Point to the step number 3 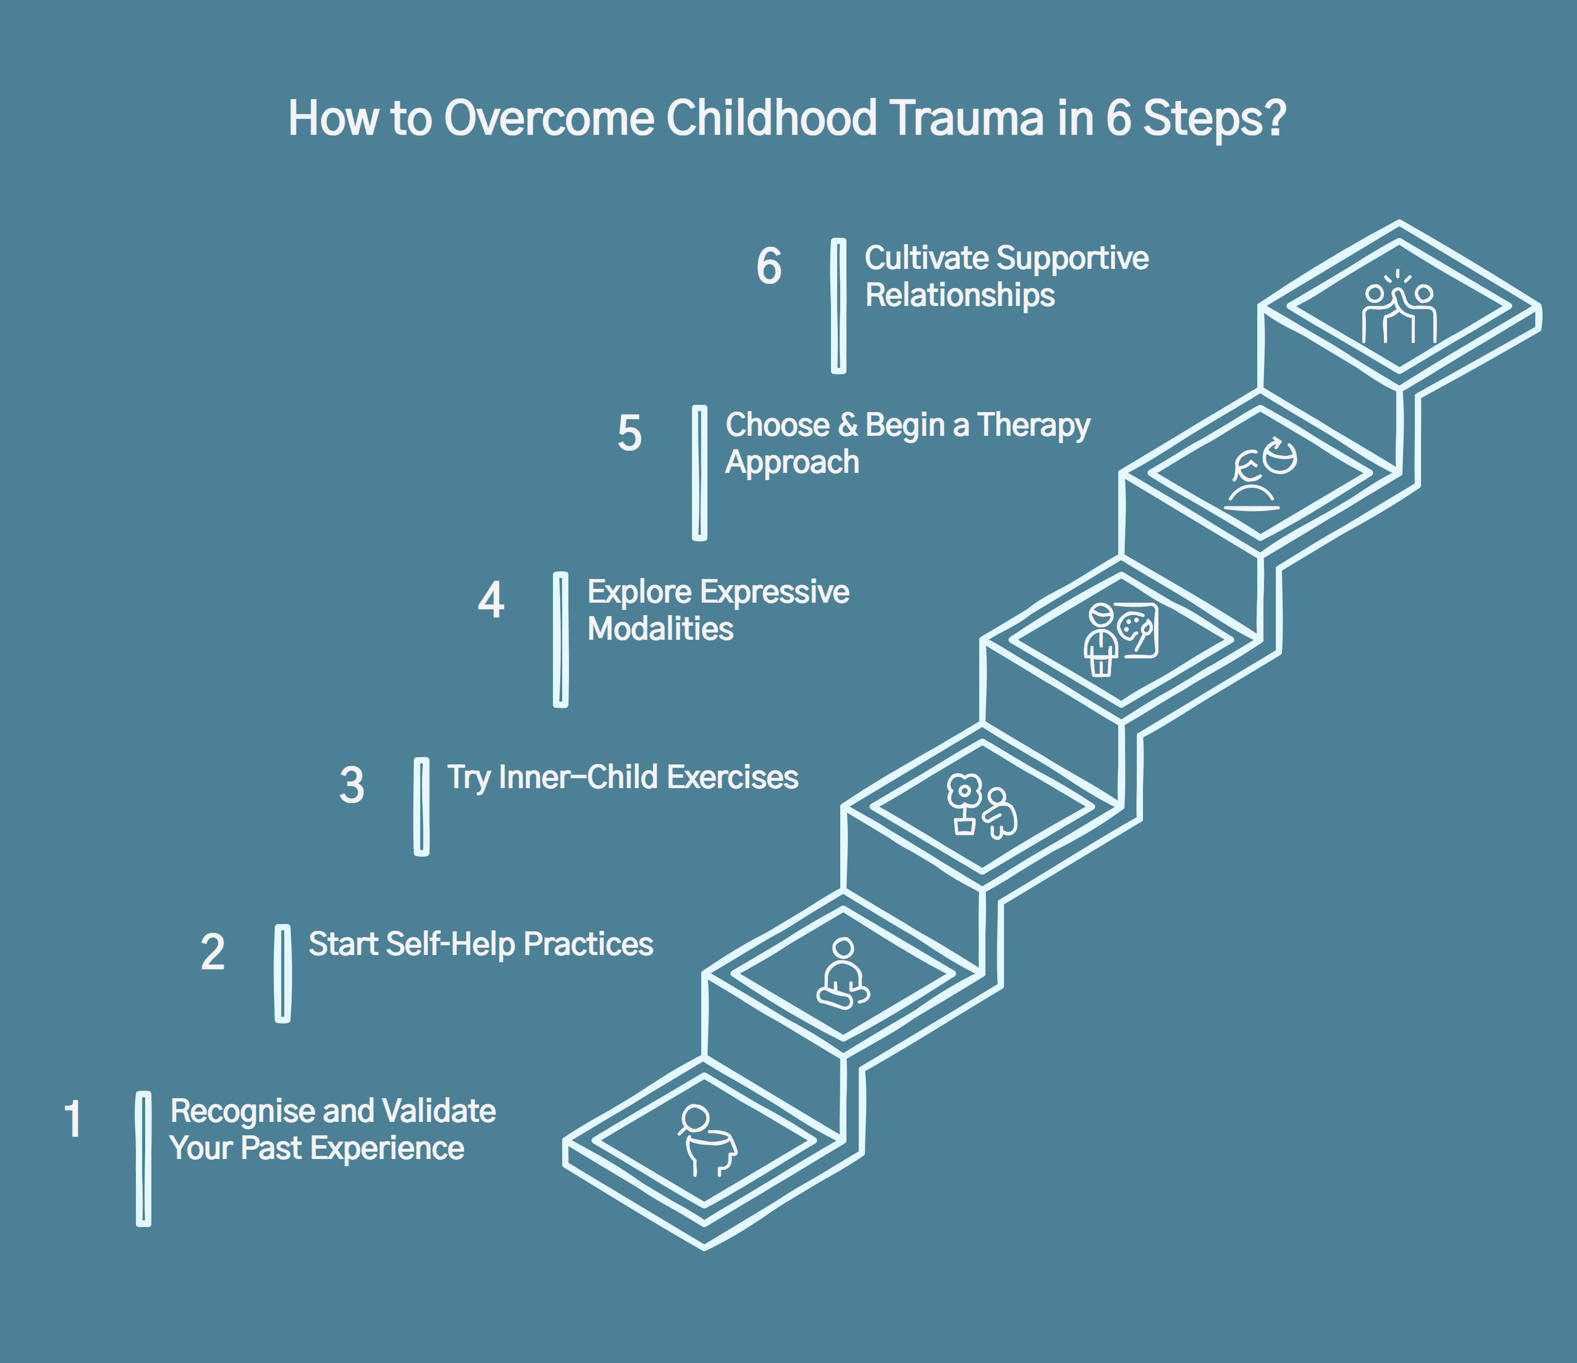point(352,785)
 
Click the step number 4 point(491,600)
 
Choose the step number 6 point(769,266)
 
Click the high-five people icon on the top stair point(1399,309)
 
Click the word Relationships point(960,296)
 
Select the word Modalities point(661,629)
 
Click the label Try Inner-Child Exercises point(622,777)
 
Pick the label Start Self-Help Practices point(480,944)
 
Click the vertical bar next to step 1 point(143,1158)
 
